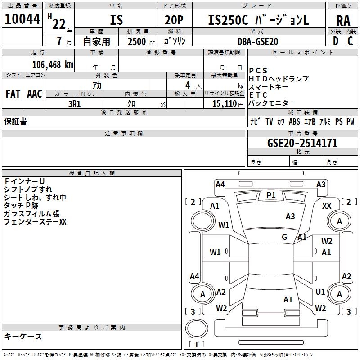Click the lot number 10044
pos(22,19)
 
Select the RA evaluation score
pos(343,21)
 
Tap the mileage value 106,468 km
pos(53,65)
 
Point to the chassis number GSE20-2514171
pos(302,143)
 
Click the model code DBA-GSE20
pos(258,41)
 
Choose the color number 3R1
pos(75,104)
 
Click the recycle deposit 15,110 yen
pos(228,104)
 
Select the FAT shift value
pos(13,94)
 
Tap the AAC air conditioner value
pos(35,94)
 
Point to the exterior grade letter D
pos(336,41)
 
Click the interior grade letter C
pos(350,41)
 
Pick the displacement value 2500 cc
pos(141,41)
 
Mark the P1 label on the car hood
pos(271,195)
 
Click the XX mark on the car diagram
pos(327,206)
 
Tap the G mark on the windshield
pos(284,237)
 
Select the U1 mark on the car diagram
pos(320,292)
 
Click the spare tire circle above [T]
pos(197,328)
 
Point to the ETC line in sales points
pos(258,95)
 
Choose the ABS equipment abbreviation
pos(294,121)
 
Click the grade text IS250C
pos(228,20)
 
